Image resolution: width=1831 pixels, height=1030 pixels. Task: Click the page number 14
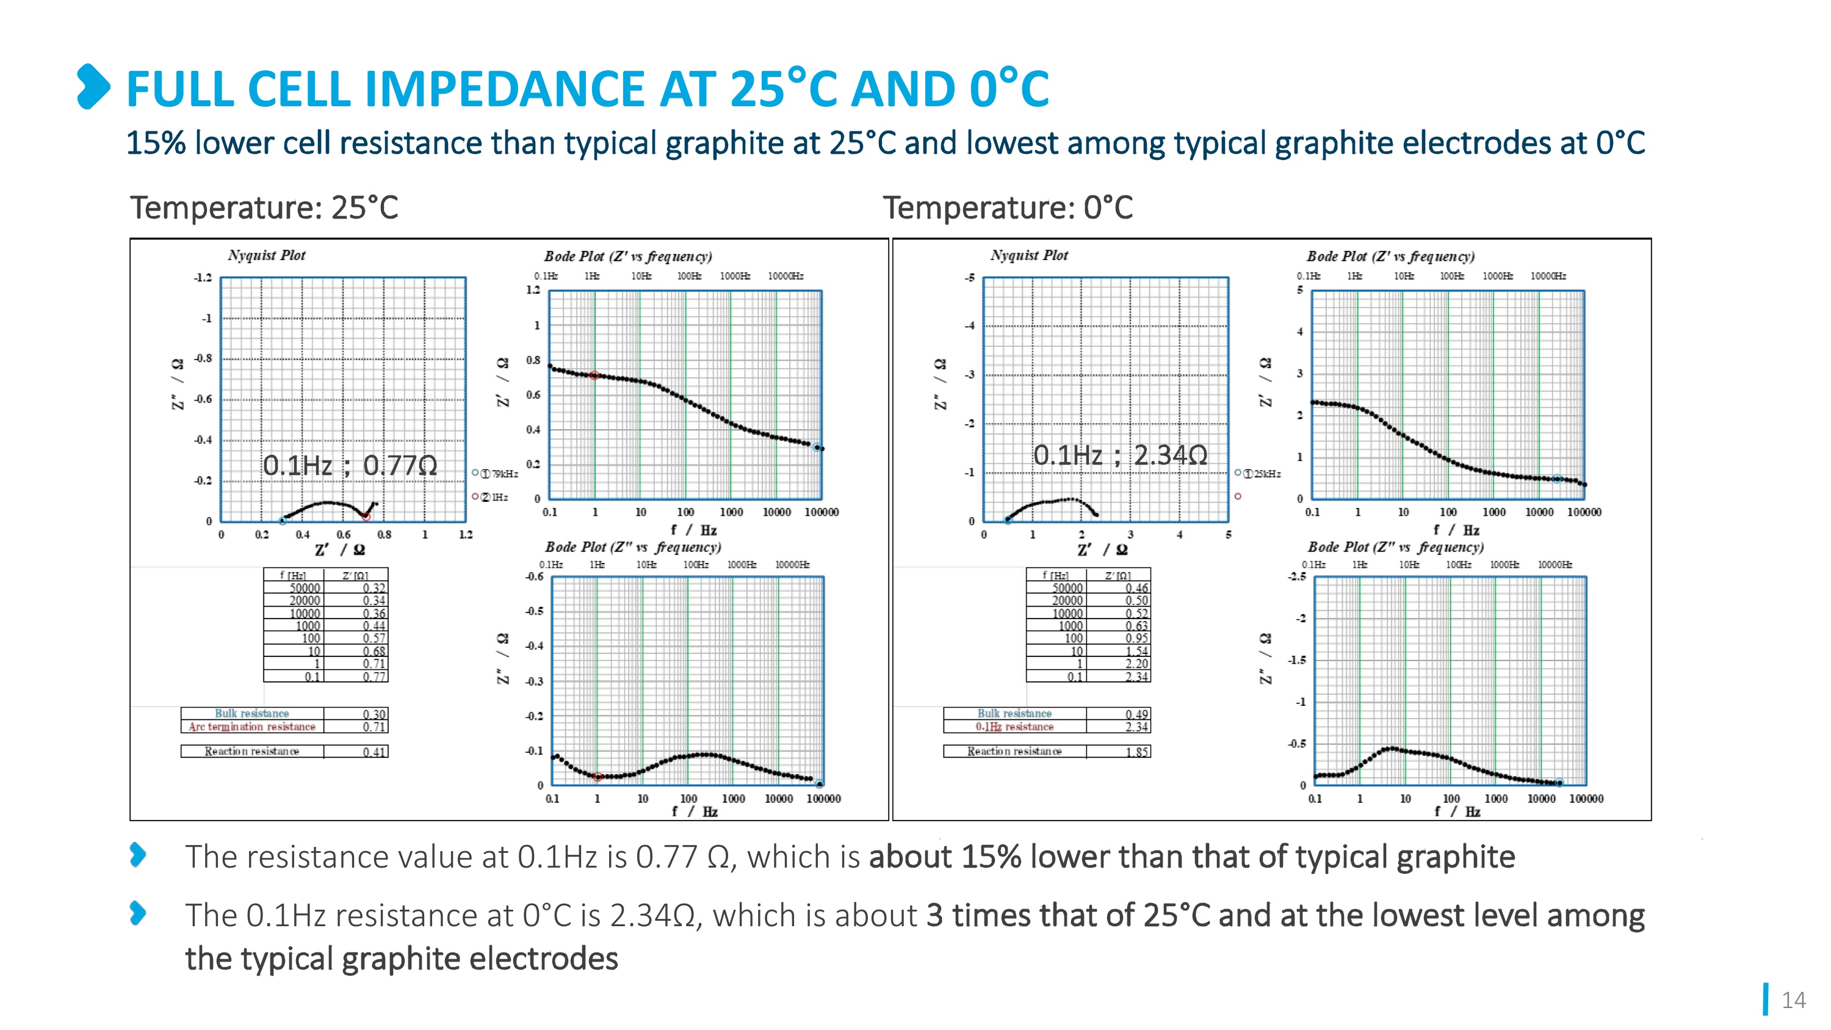pyautogui.click(x=1793, y=1000)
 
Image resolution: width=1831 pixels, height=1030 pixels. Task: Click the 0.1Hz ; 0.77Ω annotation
pyautogui.click(x=350, y=466)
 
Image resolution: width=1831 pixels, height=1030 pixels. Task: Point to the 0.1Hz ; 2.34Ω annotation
pyautogui.click(x=1120, y=455)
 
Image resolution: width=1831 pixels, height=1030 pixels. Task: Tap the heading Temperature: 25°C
pyautogui.click(x=264, y=208)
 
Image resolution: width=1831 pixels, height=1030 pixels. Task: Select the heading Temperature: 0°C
pyautogui.click(x=1007, y=208)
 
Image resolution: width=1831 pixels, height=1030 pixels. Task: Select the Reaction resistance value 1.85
pyautogui.click(x=1136, y=752)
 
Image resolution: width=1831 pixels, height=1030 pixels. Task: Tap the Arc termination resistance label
pyautogui.click(x=251, y=727)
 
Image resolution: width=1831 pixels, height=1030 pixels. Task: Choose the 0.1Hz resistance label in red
pyautogui.click(x=1014, y=727)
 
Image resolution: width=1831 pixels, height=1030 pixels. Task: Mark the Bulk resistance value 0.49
pyautogui.click(x=1136, y=714)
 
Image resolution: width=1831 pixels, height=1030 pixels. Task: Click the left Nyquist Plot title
pyautogui.click(x=267, y=255)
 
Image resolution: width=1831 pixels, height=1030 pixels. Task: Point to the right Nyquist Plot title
pyautogui.click(x=1029, y=255)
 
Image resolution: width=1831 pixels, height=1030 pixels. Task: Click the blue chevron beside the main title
pyautogui.click(x=93, y=87)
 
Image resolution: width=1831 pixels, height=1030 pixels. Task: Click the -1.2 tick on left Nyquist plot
pyautogui.click(x=203, y=277)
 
